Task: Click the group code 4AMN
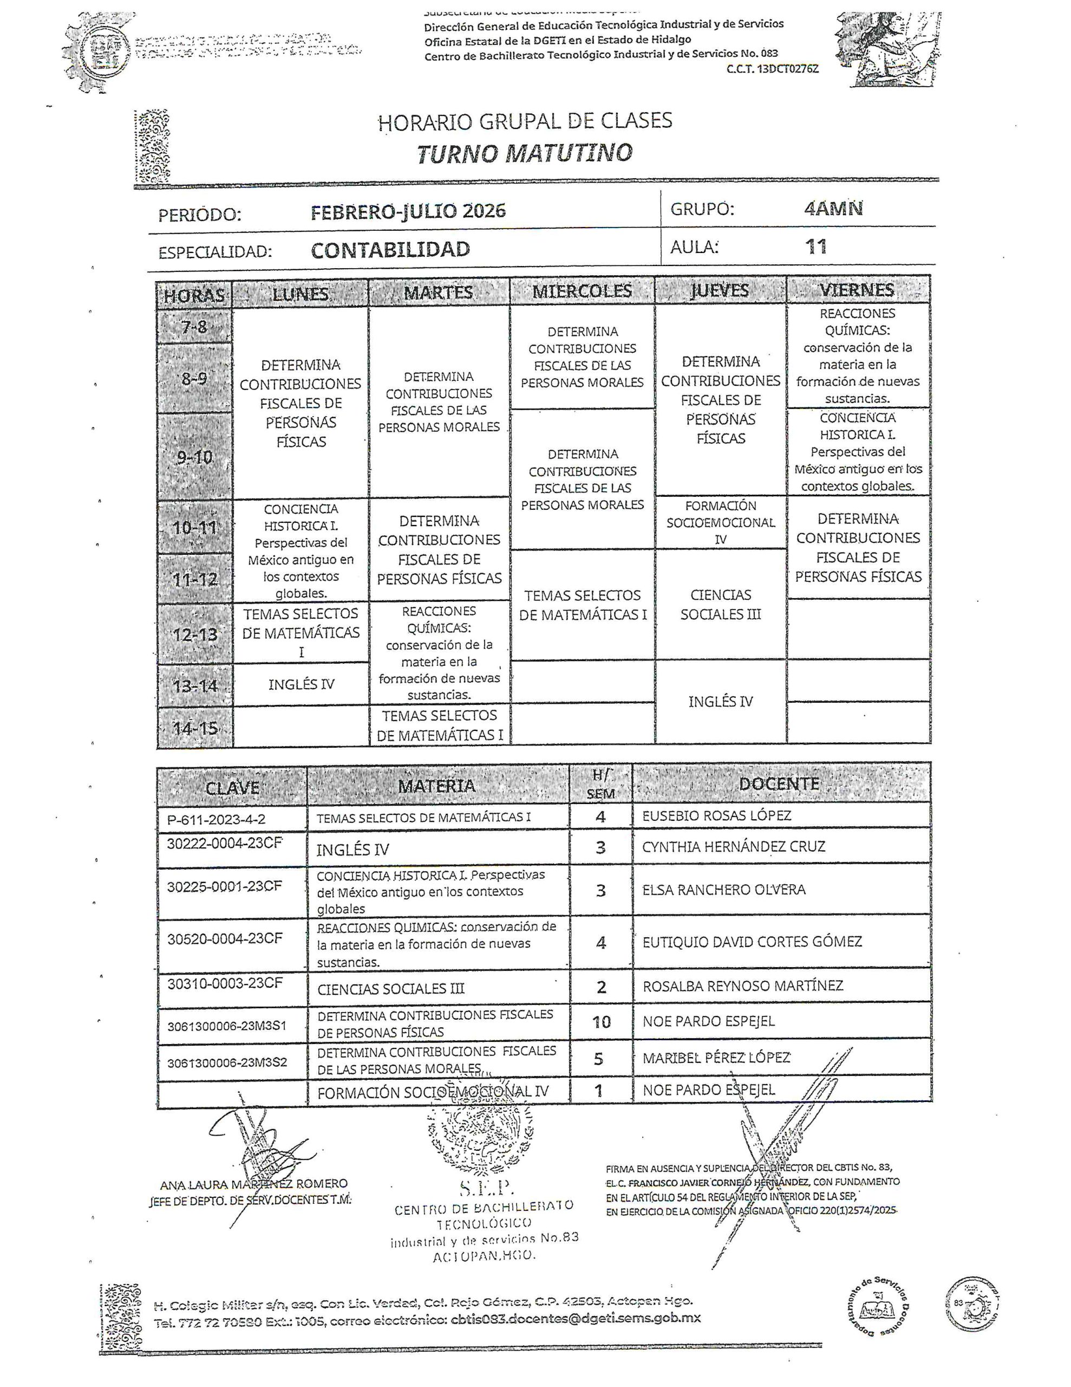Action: click(x=833, y=209)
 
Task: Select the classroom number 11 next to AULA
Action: click(x=816, y=247)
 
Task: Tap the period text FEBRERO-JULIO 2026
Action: click(x=408, y=211)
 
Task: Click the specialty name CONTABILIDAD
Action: click(x=390, y=250)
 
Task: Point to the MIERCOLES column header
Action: click(x=582, y=291)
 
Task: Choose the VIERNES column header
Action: click(x=857, y=290)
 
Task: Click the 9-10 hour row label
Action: click(x=195, y=457)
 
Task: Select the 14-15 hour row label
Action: click(x=195, y=728)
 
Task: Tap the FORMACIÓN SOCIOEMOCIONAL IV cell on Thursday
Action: click(x=721, y=522)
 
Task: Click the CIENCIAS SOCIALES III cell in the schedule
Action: click(x=721, y=605)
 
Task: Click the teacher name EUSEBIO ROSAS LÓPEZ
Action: click(x=717, y=815)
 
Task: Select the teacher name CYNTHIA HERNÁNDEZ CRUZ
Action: click(x=733, y=846)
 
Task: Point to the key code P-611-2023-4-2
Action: click(x=217, y=820)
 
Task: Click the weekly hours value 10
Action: click(x=600, y=1022)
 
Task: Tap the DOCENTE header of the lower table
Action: click(x=779, y=783)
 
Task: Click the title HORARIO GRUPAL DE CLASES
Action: click(x=525, y=121)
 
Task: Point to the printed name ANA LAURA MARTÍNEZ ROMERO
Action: click(x=254, y=1184)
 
